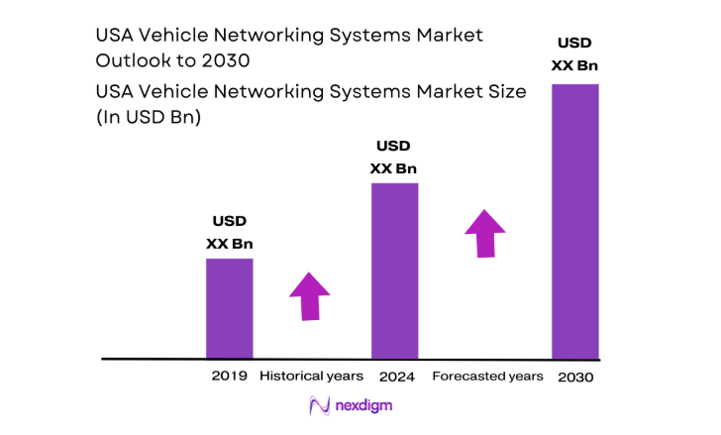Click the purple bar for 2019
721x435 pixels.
(229, 307)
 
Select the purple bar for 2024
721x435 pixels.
(394, 270)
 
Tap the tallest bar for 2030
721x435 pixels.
(575, 220)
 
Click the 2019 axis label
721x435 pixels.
(229, 377)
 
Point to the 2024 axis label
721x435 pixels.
(396, 377)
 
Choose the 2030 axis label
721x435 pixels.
(576, 378)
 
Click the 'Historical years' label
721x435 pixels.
(311, 377)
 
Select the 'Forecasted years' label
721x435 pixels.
(488, 377)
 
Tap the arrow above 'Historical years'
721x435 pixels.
(310, 295)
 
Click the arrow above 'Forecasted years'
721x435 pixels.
(484, 234)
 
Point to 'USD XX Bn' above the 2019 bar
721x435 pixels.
(229, 232)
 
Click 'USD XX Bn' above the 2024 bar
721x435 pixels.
(393, 157)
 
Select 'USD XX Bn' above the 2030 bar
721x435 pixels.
(575, 54)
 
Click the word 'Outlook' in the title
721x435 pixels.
(131, 59)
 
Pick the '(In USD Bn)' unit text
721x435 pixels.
(148, 116)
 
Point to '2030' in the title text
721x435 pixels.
(228, 59)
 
